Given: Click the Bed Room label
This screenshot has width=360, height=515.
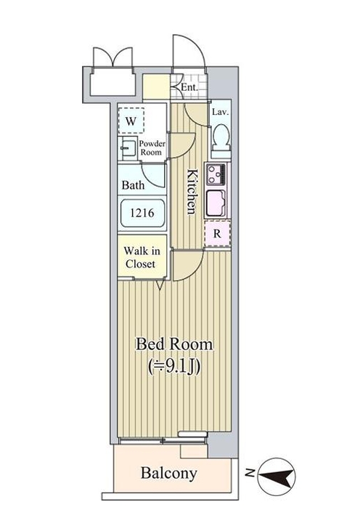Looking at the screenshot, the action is pyautogui.click(x=174, y=344).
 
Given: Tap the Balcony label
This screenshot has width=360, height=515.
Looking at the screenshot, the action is pyautogui.click(x=169, y=474).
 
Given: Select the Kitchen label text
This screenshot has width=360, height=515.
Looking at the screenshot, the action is pyautogui.click(x=192, y=192).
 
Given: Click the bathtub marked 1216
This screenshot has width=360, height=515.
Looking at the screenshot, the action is pyautogui.click(x=142, y=213).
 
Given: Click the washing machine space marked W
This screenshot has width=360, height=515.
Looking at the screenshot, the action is pyautogui.click(x=131, y=121).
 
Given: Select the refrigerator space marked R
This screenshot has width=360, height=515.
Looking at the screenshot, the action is pyautogui.click(x=217, y=234).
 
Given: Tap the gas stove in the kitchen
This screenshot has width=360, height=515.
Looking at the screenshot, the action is pyautogui.click(x=216, y=175).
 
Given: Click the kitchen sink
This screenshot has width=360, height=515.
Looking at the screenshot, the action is pyautogui.click(x=216, y=203).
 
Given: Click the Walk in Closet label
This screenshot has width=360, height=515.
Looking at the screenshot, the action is pyautogui.click(x=142, y=257).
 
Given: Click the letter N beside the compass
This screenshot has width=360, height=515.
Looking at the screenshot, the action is pyautogui.click(x=250, y=473).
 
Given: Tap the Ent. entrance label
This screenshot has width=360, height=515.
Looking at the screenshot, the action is pyautogui.click(x=189, y=87).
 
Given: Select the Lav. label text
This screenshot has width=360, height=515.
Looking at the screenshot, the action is pyautogui.click(x=220, y=112).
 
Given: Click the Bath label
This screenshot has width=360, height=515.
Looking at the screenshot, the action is pyautogui.click(x=133, y=185).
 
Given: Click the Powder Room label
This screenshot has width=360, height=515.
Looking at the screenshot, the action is pyautogui.click(x=152, y=147).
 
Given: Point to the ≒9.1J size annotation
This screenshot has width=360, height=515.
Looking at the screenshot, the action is pyautogui.click(x=174, y=367).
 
